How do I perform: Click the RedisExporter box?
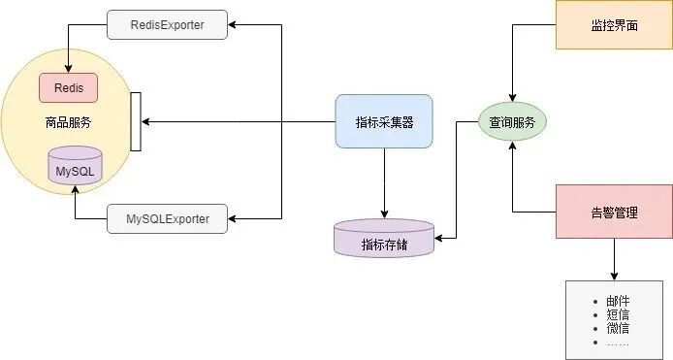point(167,25)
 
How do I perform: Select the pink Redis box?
point(68,87)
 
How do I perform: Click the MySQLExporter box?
point(167,218)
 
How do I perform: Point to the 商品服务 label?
point(68,123)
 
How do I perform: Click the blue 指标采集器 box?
point(384,121)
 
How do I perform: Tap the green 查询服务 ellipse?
point(512,122)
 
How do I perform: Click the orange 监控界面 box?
point(613,25)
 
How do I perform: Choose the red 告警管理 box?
point(613,212)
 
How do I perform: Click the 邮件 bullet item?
point(619,302)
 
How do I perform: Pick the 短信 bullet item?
point(619,315)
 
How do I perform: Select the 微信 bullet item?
point(619,328)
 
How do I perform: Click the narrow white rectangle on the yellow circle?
point(136,121)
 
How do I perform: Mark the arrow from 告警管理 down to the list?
point(613,259)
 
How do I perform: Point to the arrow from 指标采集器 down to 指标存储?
point(384,184)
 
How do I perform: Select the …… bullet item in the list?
point(618,342)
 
